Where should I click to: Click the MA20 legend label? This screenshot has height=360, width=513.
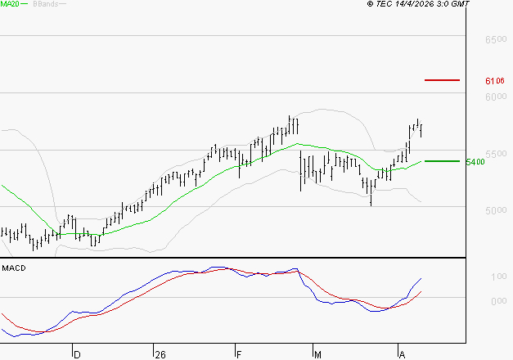pyautogui.click(x=11, y=4)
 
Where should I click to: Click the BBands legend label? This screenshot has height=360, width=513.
pyautogui.click(x=45, y=4)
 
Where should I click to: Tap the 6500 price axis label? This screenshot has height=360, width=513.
pyautogui.click(x=496, y=39)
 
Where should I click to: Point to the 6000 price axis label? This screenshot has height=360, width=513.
pyautogui.click(x=496, y=97)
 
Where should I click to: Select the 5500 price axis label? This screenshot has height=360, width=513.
pyautogui.click(x=496, y=154)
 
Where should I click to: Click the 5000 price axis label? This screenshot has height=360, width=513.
pyautogui.click(x=496, y=211)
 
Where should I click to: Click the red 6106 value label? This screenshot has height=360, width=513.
pyautogui.click(x=494, y=81)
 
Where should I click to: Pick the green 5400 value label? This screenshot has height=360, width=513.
pyautogui.click(x=475, y=162)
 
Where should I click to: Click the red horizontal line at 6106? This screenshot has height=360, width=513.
pyautogui.click(x=442, y=80)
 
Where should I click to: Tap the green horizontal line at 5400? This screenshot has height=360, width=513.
pyautogui.click(x=442, y=161)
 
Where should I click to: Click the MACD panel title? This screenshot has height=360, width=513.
pyautogui.click(x=13, y=268)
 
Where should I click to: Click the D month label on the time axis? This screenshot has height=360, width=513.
pyautogui.click(x=78, y=354)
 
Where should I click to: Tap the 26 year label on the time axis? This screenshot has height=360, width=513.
pyautogui.click(x=160, y=354)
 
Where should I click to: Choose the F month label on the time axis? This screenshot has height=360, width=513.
pyautogui.click(x=240, y=354)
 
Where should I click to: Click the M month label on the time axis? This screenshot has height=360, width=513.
pyautogui.click(x=318, y=354)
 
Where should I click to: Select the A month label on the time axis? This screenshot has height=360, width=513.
pyautogui.click(x=402, y=354)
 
